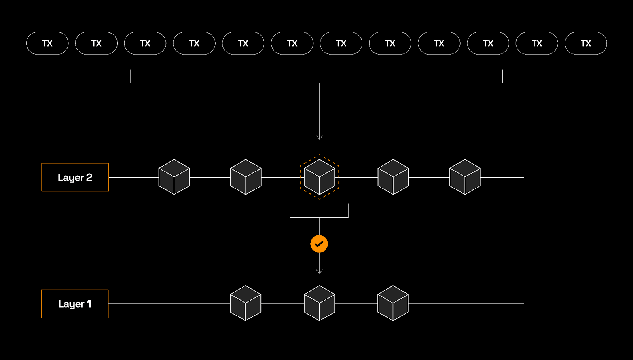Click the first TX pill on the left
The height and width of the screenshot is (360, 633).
47,44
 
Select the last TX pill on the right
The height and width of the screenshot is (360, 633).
586,44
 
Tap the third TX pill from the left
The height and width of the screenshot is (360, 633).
145,44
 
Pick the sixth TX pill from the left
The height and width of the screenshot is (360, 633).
292,44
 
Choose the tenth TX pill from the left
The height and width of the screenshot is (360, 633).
488,44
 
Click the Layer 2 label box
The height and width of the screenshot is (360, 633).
75,177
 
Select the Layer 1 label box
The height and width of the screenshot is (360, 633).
75,304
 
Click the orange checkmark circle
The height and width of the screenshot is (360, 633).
319,244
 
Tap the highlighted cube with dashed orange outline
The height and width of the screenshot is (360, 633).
320,177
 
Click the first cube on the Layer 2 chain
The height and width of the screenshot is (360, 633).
174,177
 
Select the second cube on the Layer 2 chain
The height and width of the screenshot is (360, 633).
246,177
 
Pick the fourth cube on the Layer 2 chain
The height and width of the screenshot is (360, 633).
393,177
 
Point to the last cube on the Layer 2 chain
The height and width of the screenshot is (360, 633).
465,177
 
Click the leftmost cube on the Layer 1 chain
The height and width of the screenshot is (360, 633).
246,303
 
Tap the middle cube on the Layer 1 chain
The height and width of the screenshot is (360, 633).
320,303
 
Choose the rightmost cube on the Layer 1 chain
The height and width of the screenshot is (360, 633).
393,303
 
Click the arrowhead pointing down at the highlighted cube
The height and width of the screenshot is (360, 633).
320,137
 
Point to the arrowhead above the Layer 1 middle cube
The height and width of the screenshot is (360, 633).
320,271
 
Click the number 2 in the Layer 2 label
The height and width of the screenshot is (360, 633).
89,177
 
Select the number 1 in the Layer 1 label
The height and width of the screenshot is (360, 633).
89,303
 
